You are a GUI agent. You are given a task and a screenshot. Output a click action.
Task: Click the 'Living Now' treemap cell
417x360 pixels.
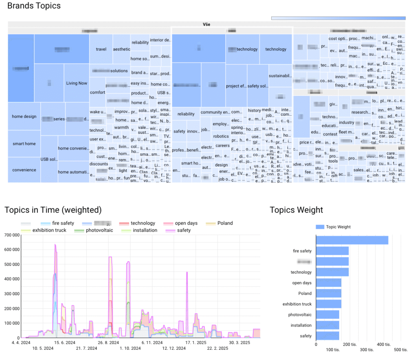(77, 83)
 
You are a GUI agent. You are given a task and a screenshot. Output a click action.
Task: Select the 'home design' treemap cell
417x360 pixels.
(24, 117)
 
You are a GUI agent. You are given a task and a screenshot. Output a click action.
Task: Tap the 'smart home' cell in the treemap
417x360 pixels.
(24, 144)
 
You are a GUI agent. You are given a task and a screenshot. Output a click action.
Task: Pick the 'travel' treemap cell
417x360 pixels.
(101, 49)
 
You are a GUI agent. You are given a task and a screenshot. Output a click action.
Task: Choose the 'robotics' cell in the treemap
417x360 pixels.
(221, 137)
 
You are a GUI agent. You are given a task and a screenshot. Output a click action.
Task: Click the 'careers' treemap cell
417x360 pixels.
(223, 146)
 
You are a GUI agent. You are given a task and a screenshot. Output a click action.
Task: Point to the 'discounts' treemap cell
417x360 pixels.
(99, 164)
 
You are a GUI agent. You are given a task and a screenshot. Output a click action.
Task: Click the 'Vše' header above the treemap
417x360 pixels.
(206, 24)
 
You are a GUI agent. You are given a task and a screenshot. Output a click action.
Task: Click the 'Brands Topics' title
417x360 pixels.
(34, 6)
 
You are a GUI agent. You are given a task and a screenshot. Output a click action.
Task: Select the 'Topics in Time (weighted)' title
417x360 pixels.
(53, 210)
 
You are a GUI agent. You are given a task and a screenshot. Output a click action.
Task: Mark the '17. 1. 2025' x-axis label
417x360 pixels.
(195, 343)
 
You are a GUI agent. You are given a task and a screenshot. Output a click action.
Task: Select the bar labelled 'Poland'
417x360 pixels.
(328, 294)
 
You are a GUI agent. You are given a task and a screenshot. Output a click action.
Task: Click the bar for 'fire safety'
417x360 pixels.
(332, 251)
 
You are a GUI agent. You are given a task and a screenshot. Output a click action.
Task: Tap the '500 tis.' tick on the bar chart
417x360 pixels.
(401, 350)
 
